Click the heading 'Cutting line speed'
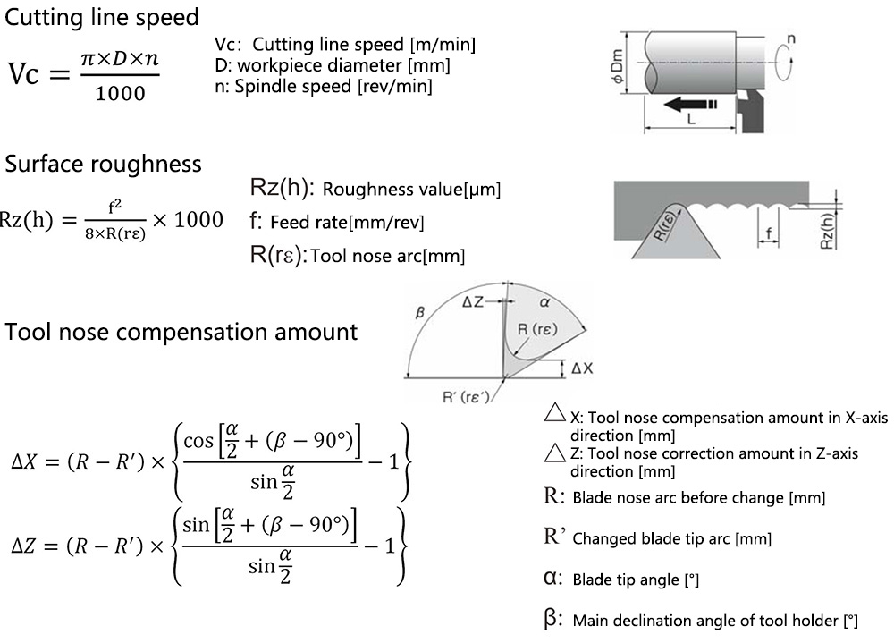pyautogui.click(x=102, y=17)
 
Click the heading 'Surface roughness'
pyautogui.click(x=104, y=164)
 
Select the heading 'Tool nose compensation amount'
pyautogui.click(x=181, y=332)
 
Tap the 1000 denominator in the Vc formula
pyautogui.click(x=120, y=93)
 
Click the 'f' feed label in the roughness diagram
pyautogui.click(x=769, y=234)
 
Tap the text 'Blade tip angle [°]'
pyautogui.click(x=636, y=580)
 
